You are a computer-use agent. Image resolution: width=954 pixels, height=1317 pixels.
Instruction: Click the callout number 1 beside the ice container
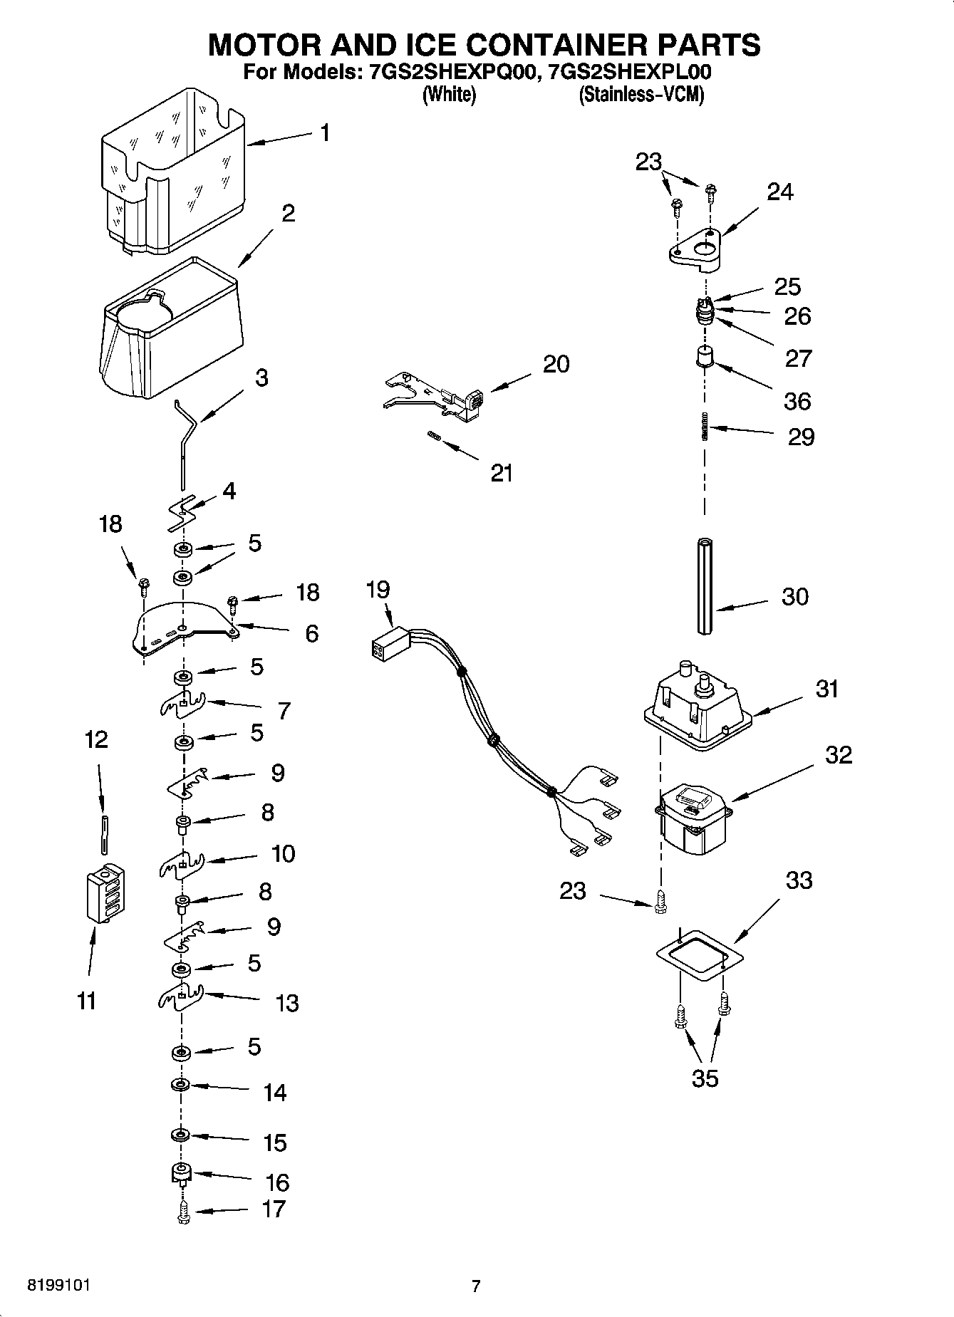(x=325, y=133)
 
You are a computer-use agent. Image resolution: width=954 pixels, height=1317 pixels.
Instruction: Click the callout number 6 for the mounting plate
(x=311, y=633)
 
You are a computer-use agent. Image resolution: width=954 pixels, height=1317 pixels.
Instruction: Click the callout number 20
(x=556, y=364)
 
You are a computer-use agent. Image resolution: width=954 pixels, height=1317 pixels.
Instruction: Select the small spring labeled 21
(x=433, y=437)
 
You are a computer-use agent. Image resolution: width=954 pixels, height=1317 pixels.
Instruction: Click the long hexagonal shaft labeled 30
(x=705, y=585)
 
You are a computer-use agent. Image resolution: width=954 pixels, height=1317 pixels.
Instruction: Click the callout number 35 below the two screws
(x=705, y=1078)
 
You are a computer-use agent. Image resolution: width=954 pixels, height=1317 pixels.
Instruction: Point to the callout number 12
(x=96, y=739)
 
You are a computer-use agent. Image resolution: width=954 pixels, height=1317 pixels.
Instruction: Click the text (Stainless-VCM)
(x=641, y=95)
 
